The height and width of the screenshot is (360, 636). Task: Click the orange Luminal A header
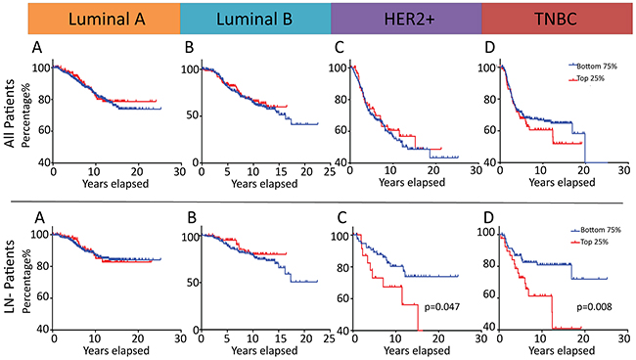coord(105,19)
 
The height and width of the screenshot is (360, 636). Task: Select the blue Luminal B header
coord(255,19)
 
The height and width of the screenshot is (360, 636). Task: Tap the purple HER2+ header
coord(406,19)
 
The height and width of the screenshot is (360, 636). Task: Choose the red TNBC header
coord(557,19)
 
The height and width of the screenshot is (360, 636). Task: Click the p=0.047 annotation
coord(442,307)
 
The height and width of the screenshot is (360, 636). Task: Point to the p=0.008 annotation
coord(594,307)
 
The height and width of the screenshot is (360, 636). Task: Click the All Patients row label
coord(10,113)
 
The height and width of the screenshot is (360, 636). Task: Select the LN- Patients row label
coord(10,277)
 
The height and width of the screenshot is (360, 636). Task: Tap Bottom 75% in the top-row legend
coord(597,67)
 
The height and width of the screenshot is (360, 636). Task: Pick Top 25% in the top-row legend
coord(591,78)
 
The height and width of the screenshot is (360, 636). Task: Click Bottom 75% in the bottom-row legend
coord(601,230)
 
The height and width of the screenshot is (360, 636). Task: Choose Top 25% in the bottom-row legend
coord(595,242)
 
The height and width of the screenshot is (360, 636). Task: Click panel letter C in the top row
coord(340,47)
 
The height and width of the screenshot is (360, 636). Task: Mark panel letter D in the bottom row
coord(489,218)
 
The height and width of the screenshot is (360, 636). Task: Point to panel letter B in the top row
coord(189,47)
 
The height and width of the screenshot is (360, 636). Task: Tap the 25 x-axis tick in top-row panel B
coord(330,171)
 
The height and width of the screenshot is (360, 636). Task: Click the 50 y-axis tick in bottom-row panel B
coord(192,282)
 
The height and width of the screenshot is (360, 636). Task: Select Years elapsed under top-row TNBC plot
coord(562,183)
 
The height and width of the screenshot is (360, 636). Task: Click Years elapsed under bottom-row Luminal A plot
coord(116,350)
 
